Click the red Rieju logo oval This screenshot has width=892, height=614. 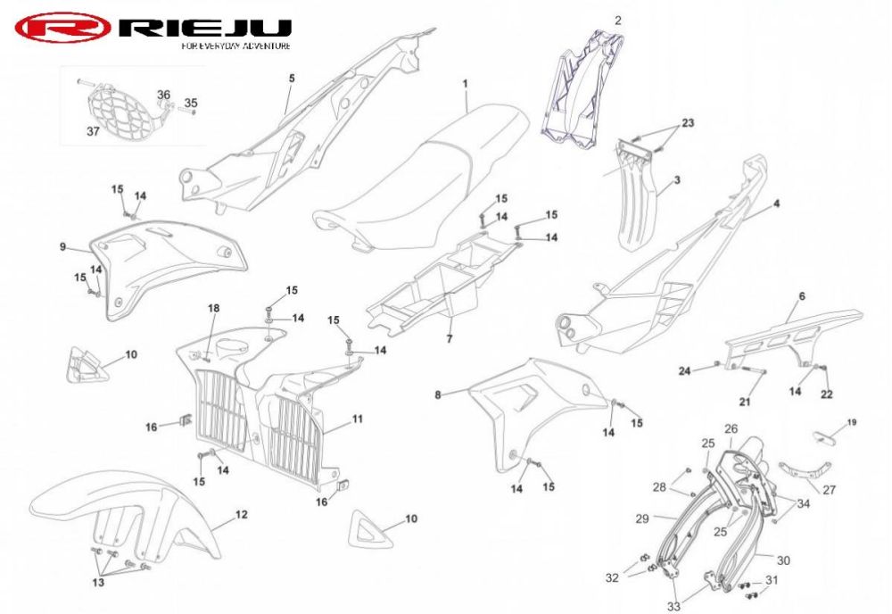(x=62, y=28)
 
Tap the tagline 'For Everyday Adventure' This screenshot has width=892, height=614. (x=236, y=46)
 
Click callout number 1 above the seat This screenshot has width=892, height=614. (x=466, y=84)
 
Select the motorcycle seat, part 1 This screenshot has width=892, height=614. (x=421, y=178)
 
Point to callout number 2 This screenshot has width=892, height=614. (x=618, y=21)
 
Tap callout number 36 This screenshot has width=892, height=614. (x=163, y=95)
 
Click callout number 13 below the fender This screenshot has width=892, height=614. (x=98, y=582)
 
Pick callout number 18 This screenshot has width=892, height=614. (x=213, y=309)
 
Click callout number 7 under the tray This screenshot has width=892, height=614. (x=450, y=339)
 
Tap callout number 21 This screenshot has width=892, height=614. (x=745, y=402)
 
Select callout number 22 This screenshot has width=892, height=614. (x=827, y=394)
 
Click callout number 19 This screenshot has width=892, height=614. (x=852, y=422)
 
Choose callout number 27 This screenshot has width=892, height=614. (x=830, y=489)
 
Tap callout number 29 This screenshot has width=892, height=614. (x=641, y=519)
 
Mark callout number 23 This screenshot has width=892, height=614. (x=688, y=123)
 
